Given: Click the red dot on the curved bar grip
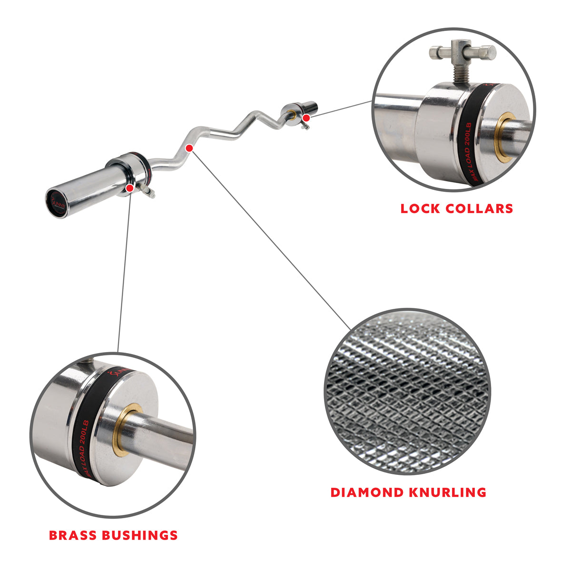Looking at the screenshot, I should point(189,148).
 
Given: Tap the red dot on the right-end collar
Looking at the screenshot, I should point(306,117).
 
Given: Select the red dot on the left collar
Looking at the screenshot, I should point(130,187).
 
